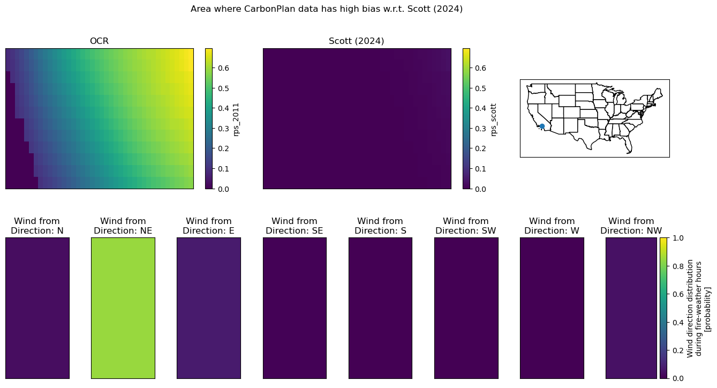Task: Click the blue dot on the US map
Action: pos(542,126)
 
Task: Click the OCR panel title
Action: pos(99,41)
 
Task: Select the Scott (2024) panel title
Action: pos(356,41)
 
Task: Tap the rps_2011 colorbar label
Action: pos(236,120)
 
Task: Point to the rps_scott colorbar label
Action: pos(493,120)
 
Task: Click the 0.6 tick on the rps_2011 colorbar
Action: pos(223,68)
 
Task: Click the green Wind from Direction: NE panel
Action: pos(123,308)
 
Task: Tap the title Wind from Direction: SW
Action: pos(466,226)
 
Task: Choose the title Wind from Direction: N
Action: pos(37,226)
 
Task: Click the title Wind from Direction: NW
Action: pos(631,226)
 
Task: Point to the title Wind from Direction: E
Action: pos(209,226)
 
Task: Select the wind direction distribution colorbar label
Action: pos(698,308)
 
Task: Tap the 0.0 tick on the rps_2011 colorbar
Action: pos(223,189)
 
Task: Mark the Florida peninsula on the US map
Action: pos(629,146)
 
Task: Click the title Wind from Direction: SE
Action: pos(294,226)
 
